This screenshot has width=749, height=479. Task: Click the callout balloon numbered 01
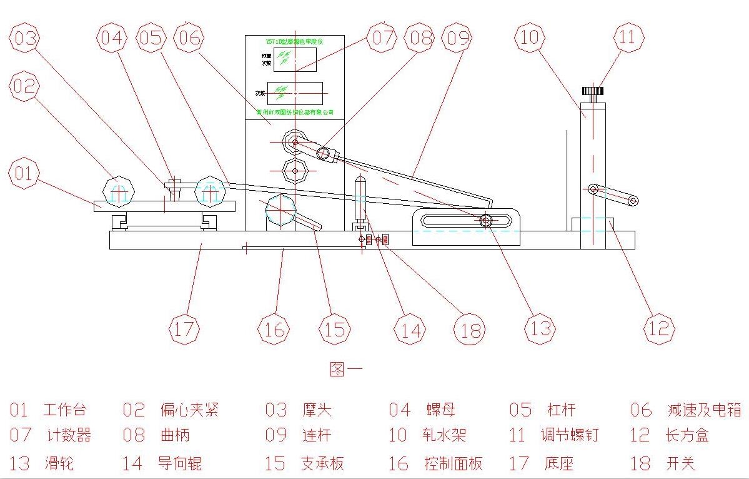tap(24, 173)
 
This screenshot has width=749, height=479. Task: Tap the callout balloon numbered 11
tap(628, 38)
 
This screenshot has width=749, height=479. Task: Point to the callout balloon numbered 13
tap(540, 328)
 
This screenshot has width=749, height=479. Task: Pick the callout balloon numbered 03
tap(24, 38)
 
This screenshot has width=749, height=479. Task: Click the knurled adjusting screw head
tap(593, 91)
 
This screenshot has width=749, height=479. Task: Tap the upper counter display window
tap(295, 59)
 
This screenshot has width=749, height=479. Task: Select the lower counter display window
tap(295, 93)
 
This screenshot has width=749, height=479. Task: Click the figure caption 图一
tap(345, 369)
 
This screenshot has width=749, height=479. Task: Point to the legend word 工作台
tap(64, 410)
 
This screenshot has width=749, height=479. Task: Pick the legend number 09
tap(275, 435)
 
